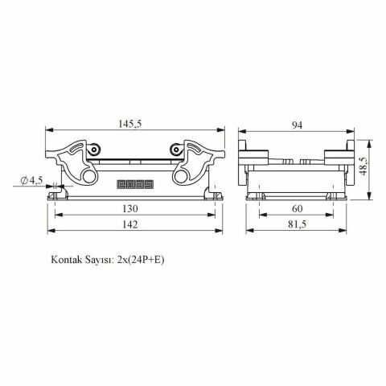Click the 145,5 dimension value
(129, 124)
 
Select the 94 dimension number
(297, 125)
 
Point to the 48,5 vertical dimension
(363, 166)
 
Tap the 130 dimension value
(130, 208)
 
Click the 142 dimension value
(130, 224)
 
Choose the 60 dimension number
(297, 208)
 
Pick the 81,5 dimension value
(297, 224)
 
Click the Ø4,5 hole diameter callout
(32, 180)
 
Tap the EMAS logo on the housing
(135, 184)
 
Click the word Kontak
(67, 260)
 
